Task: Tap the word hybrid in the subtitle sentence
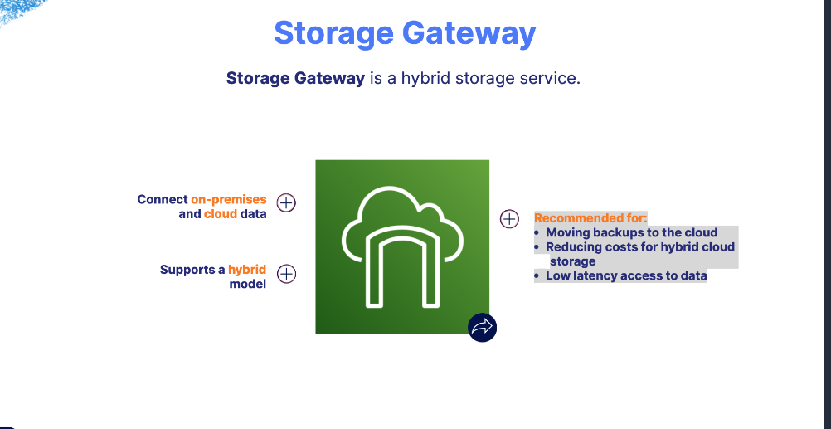429,79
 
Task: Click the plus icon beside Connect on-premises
286,202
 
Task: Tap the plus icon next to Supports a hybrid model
286,274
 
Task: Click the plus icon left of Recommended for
509,219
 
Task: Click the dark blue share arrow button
482,327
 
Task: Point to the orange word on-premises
229,199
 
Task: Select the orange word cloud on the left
221,214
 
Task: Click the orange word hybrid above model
247,270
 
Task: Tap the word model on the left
248,284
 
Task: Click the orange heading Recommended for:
590,218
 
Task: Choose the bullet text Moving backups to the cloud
631,232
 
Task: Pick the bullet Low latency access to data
626,275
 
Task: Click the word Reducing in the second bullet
573,246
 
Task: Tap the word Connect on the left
162,199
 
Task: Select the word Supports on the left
187,270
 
